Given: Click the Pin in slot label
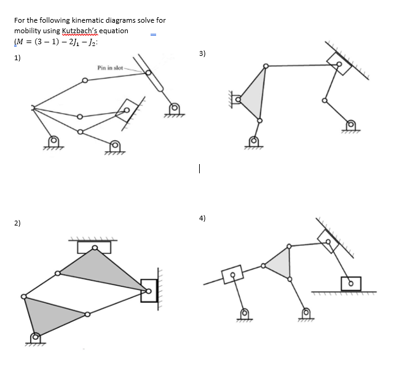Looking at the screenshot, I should [111, 66].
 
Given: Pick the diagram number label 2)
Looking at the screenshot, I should [18, 222].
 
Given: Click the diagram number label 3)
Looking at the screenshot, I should [203, 54].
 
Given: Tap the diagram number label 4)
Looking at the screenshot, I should [202, 218].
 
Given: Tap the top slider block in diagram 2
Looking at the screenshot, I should [94, 247].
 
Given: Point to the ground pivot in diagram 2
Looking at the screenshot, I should [36, 337].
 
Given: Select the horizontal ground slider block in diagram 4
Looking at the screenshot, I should [351, 283].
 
